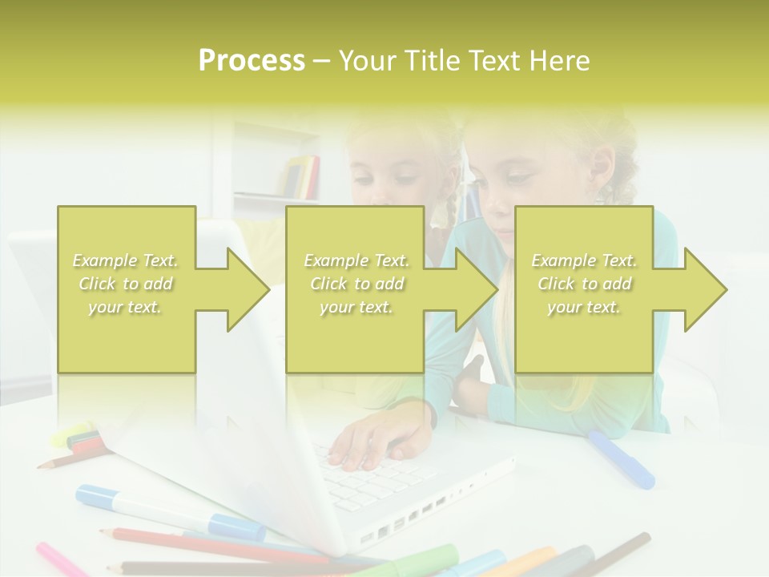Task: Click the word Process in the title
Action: (x=252, y=61)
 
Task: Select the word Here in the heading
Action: (x=559, y=61)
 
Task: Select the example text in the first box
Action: (x=126, y=284)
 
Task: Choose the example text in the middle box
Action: (x=356, y=284)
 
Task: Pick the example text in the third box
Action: (x=584, y=284)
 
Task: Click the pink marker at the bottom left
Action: (x=60, y=559)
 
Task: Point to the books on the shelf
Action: (x=303, y=176)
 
